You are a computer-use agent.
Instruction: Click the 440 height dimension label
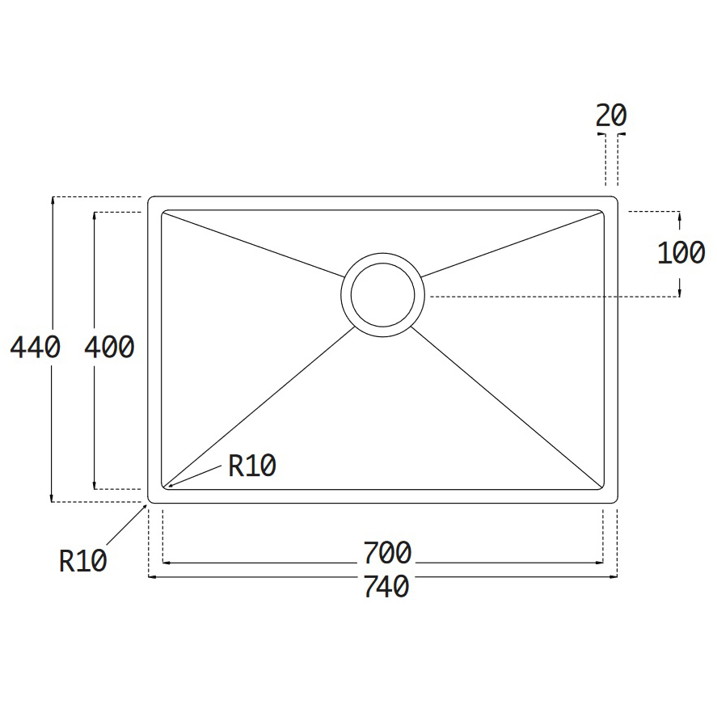36,347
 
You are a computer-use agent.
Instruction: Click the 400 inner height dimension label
109,347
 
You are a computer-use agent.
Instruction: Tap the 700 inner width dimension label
387,552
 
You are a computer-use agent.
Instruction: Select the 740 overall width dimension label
386,586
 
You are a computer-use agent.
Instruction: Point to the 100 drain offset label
681,253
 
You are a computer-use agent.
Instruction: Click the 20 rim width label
611,116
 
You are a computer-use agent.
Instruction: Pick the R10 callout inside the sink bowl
252,466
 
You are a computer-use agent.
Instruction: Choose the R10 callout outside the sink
82,561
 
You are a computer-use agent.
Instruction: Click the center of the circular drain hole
382,295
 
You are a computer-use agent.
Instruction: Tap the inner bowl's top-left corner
162,211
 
